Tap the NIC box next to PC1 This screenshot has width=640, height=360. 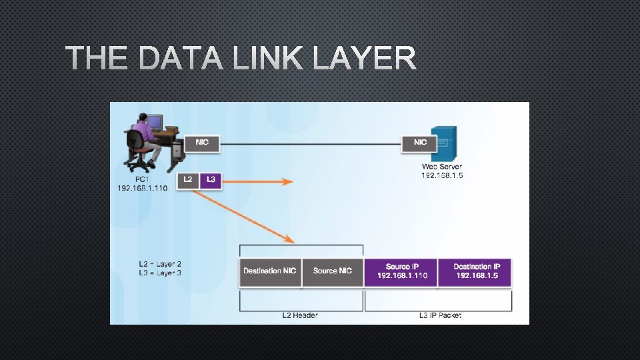[x=201, y=143]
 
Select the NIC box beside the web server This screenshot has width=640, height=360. [x=420, y=143]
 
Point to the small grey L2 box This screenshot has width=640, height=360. [x=187, y=180]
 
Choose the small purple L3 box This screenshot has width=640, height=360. [x=211, y=180]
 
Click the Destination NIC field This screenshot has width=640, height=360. [x=270, y=271]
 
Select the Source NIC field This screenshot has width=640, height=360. [x=332, y=271]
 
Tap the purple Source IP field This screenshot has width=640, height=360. [x=401, y=271]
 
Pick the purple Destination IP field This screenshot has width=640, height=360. [x=475, y=271]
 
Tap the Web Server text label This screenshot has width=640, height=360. [x=441, y=167]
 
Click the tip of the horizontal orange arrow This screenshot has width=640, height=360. [x=292, y=181]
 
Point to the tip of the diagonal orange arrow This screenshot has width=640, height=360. [x=293, y=241]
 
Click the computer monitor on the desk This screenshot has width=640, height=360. [x=154, y=122]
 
